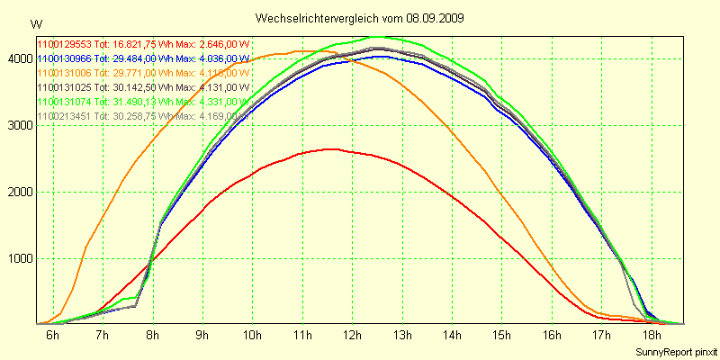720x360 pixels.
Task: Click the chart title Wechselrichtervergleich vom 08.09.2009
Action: pos(360,18)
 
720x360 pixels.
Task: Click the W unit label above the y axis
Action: pos(35,24)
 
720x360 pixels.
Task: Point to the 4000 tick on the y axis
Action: pos(19,58)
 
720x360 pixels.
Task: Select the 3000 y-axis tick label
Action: pos(19,125)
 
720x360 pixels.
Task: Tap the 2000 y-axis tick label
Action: pos(19,192)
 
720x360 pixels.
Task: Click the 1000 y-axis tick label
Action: pos(19,258)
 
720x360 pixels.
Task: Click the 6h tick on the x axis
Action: pos(53,336)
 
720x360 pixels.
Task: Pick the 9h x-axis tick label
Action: pos(202,336)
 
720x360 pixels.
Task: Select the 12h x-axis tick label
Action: pos(353,336)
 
